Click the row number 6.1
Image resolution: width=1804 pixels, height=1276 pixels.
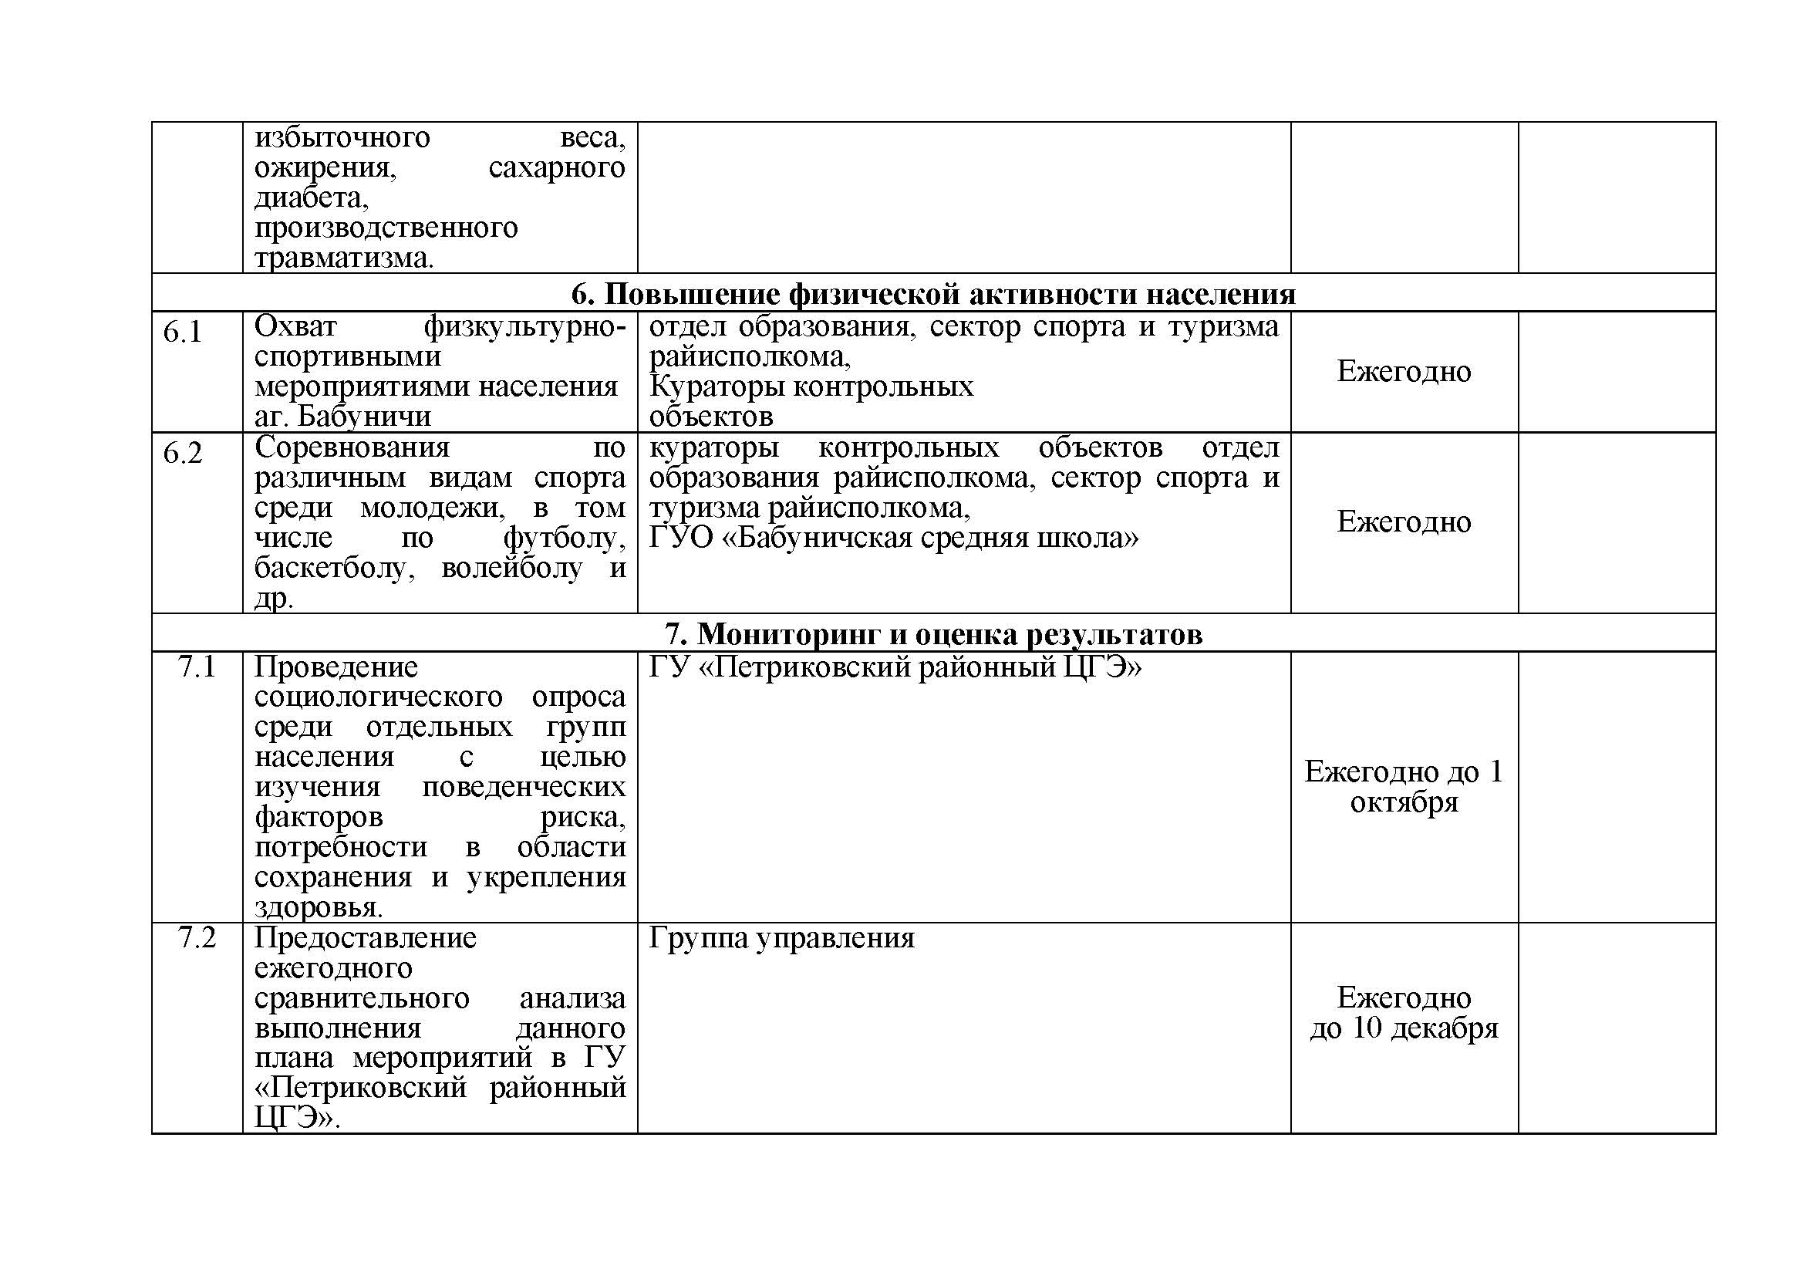coord(182,333)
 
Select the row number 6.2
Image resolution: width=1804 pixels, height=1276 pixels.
coord(182,454)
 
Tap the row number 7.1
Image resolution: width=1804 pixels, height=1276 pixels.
coord(197,667)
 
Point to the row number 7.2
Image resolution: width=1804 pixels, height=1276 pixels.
coord(197,937)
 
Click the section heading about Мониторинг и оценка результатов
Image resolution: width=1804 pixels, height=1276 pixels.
coord(932,633)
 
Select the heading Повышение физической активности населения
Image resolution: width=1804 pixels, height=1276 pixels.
coord(932,293)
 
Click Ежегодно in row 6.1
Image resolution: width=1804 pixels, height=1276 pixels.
coord(1403,371)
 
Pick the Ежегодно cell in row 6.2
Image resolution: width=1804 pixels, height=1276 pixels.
coord(1403,522)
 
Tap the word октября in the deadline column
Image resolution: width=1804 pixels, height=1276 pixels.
coord(1403,802)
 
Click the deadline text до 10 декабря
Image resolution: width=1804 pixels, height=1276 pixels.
coord(1403,1028)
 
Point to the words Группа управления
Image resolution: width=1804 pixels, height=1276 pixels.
coord(782,938)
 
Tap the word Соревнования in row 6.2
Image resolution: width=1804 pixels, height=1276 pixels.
coord(352,447)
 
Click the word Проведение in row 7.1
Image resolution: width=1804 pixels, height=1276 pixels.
coord(336,667)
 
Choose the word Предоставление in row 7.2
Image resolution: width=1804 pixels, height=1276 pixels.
coord(366,938)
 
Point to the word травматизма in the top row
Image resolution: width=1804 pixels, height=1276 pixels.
coord(343,258)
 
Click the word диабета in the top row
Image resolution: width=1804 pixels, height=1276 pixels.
coord(311,197)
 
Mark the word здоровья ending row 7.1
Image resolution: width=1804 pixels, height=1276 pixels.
coord(319,907)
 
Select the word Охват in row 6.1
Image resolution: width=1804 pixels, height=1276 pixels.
coord(295,326)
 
